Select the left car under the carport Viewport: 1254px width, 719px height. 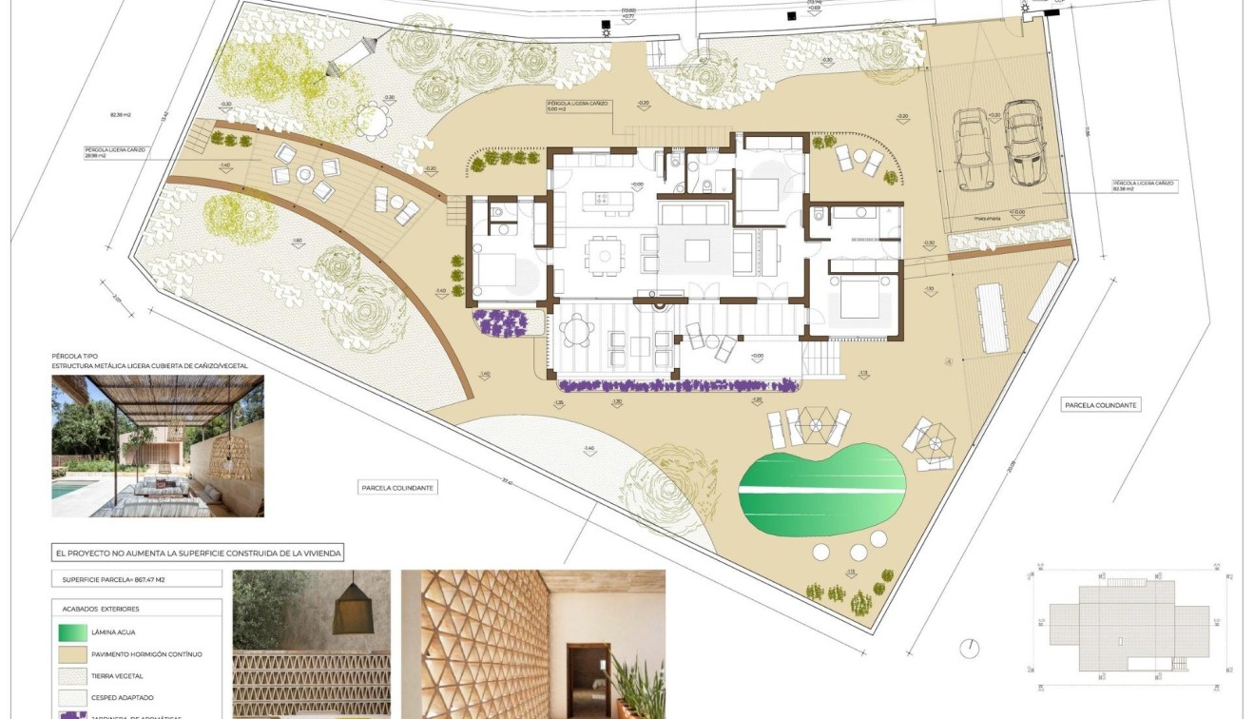pyautogui.click(x=974, y=150)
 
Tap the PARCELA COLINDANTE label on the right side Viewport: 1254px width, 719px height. pyautogui.click(x=1100, y=405)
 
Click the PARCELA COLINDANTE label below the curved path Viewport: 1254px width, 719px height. pyautogui.click(x=399, y=488)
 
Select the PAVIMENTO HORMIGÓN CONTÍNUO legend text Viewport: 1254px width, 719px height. pyautogui.click(x=146, y=654)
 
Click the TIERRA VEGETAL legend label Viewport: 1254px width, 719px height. pyautogui.click(x=118, y=675)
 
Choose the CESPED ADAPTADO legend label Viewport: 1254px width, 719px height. pyautogui.click(x=123, y=697)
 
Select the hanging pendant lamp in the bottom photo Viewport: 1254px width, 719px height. pyautogui.click(x=354, y=599)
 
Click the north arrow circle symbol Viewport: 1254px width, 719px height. pyautogui.click(x=969, y=648)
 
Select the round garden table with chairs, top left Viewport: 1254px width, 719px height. pyautogui.click(x=377, y=120)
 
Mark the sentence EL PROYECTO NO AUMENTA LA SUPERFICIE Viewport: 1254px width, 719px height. pyautogui.click(x=199, y=553)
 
